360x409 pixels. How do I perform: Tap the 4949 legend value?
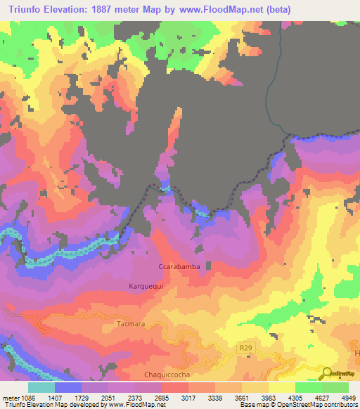click(349, 398)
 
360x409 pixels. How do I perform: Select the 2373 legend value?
click(135, 398)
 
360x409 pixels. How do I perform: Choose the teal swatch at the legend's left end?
click(41, 387)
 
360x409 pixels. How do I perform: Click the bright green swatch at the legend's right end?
click(335, 387)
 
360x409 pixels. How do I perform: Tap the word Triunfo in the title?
click(27, 9)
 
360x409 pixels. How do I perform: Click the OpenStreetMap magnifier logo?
click(327, 373)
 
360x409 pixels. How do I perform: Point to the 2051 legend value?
click(109, 398)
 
